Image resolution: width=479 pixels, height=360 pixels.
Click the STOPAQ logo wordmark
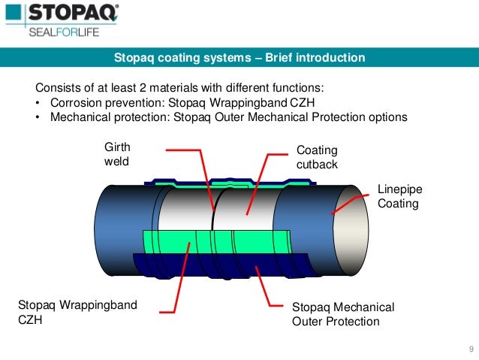(x=73, y=14)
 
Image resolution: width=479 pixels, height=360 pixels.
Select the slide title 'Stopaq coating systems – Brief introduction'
(x=239, y=57)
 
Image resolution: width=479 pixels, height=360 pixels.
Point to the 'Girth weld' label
(x=116, y=155)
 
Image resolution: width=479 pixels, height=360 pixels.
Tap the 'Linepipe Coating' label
(x=398, y=197)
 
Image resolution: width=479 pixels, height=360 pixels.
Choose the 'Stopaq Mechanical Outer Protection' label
(x=342, y=314)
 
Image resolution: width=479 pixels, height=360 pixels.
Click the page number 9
(x=470, y=348)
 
